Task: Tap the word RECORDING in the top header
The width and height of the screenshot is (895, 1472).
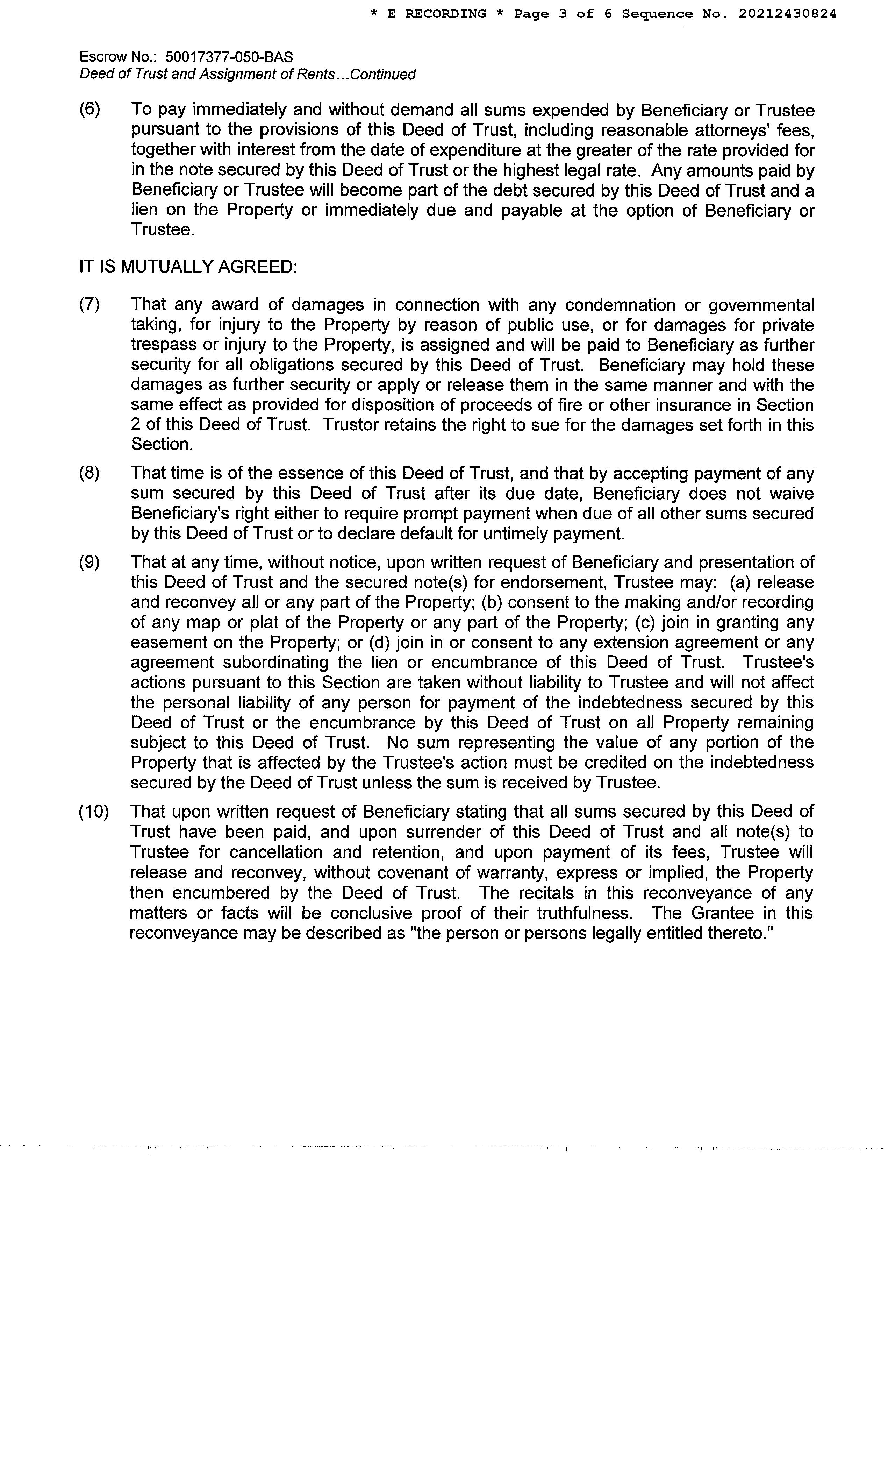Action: click(x=445, y=14)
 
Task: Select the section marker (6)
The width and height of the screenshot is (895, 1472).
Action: click(x=89, y=110)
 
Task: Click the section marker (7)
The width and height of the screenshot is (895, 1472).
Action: click(x=89, y=305)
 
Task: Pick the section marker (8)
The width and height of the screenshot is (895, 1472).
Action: click(x=89, y=473)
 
